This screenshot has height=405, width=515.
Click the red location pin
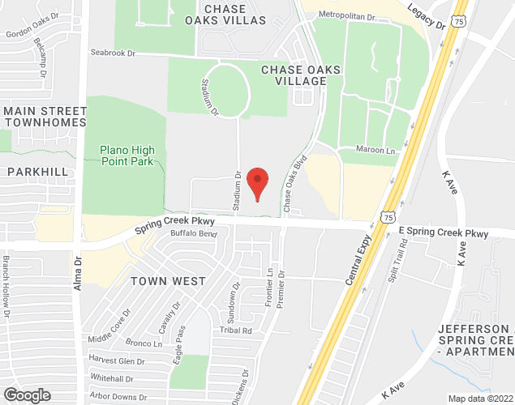point(257,184)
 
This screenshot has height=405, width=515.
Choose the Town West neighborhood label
point(168,280)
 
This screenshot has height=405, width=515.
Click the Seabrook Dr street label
point(112,53)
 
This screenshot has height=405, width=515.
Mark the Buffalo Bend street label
point(194,234)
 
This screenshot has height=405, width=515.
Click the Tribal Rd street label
point(236,330)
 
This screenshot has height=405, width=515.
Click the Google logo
point(26,394)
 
